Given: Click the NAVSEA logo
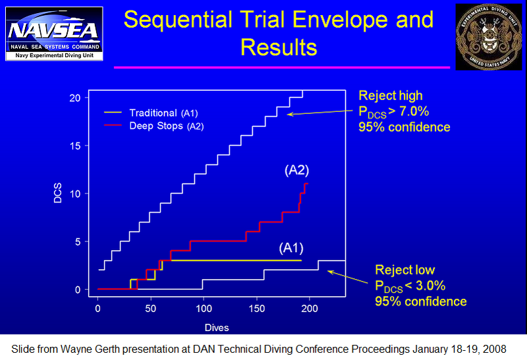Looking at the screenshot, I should click(54, 33).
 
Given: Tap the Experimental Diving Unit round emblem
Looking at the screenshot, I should click(487, 34).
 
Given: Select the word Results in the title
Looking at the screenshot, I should click(279, 47).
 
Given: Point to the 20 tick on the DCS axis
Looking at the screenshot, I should click(76, 97).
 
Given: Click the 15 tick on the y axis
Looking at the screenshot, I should click(76, 145).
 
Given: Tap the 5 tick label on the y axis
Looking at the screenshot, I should click(78, 242).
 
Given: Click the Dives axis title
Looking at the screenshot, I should click(216, 326).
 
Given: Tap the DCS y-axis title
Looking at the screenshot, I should click(58, 194).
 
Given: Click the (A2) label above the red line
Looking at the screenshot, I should click(296, 170).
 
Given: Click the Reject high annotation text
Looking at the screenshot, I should click(391, 96).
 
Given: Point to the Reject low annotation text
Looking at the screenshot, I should click(404, 270).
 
